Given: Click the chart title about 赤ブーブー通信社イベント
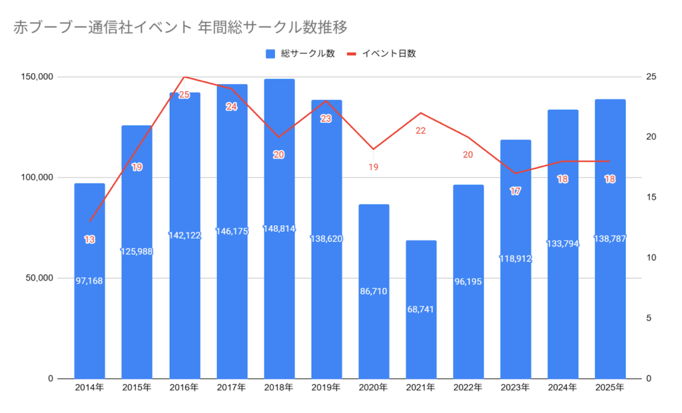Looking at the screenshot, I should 180,27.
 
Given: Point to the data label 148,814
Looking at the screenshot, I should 279,230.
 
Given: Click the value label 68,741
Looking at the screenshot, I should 421,309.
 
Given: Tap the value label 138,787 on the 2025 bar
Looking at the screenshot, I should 610,238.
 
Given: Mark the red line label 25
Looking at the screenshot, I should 184,95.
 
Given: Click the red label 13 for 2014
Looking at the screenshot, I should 89,239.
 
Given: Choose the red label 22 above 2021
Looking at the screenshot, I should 421,131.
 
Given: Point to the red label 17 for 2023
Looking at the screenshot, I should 515,191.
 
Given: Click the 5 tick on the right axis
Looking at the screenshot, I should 649,318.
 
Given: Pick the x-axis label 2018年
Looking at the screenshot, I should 279,388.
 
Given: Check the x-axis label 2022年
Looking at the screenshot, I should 468,388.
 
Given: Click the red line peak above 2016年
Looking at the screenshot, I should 184,77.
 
